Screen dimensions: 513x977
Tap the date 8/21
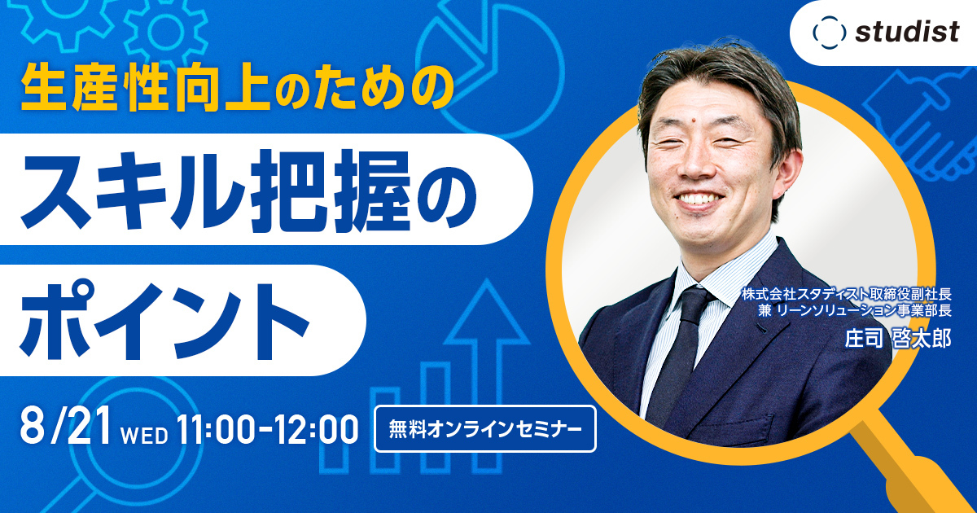tap(65, 427)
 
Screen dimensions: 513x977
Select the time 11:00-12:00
tap(265, 429)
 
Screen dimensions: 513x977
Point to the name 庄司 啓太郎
tap(899, 339)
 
